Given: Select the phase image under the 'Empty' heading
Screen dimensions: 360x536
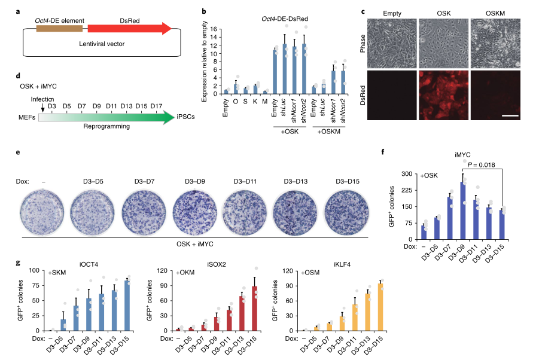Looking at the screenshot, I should click(x=389, y=45).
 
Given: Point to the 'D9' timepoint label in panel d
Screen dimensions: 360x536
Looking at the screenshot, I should click(x=97, y=106).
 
